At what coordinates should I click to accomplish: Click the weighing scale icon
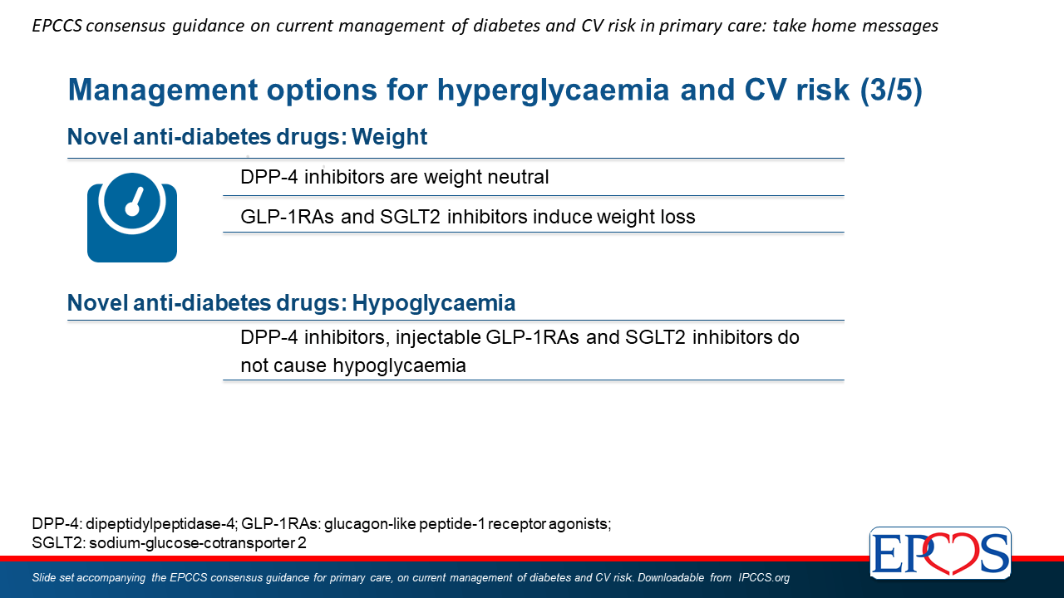pos(132,218)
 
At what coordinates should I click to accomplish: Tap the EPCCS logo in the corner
pos(940,553)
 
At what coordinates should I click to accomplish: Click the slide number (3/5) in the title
pos(891,90)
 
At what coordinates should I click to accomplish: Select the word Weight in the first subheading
pos(390,137)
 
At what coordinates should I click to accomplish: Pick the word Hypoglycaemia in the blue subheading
pos(434,303)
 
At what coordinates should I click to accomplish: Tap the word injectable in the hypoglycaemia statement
pos(438,337)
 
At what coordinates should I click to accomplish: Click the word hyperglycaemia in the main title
pos(553,90)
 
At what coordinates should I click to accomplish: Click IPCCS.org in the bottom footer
pos(764,577)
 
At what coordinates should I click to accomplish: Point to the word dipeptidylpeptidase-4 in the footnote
pos(160,524)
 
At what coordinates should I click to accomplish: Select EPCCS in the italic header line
pos(57,26)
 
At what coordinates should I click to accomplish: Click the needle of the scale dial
pos(135,200)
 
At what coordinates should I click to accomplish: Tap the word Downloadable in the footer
pos(671,577)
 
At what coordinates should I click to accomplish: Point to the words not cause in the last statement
pos(283,366)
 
